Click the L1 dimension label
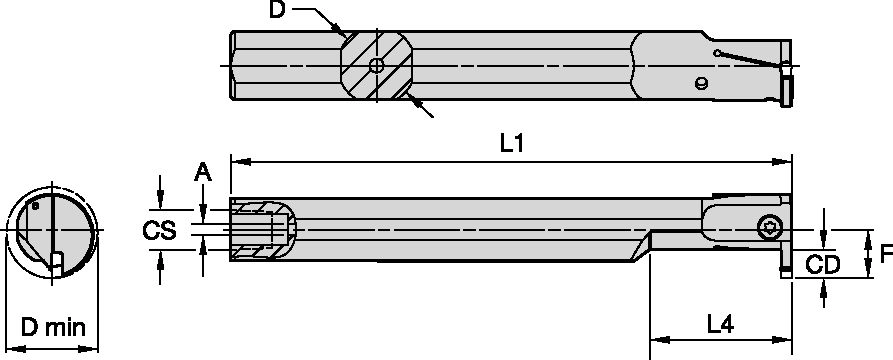click(x=511, y=143)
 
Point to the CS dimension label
click(x=160, y=230)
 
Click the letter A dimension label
click(x=203, y=174)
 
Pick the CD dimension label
click(x=822, y=266)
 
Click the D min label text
click(x=52, y=327)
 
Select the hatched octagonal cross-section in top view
click(x=376, y=66)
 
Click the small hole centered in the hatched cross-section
click(x=376, y=66)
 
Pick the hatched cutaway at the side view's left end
click(x=262, y=229)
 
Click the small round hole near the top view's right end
click(x=702, y=83)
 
